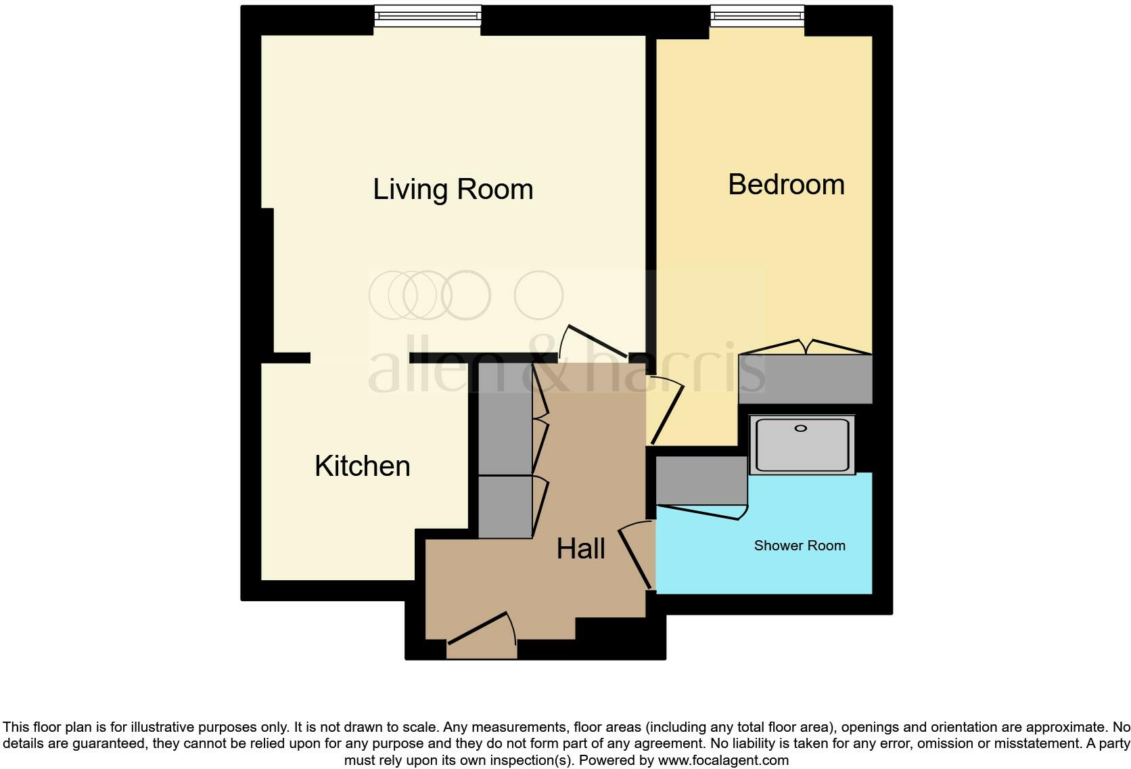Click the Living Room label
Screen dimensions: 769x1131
(x=453, y=190)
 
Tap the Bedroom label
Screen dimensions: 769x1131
(x=786, y=185)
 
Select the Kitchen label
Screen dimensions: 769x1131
(x=363, y=466)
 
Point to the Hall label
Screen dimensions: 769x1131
(x=580, y=549)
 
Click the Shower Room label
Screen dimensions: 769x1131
(x=800, y=546)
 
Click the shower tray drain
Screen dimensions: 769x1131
(x=801, y=429)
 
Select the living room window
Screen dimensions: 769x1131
(x=428, y=17)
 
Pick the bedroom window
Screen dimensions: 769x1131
(x=757, y=17)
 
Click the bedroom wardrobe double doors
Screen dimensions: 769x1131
(x=805, y=347)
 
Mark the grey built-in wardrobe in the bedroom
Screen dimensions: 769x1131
(x=805, y=379)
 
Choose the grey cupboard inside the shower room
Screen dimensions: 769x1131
(x=701, y=480)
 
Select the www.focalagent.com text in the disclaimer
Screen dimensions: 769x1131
(x=723, y=760)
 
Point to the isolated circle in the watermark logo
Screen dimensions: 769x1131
(x=538, y=295)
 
